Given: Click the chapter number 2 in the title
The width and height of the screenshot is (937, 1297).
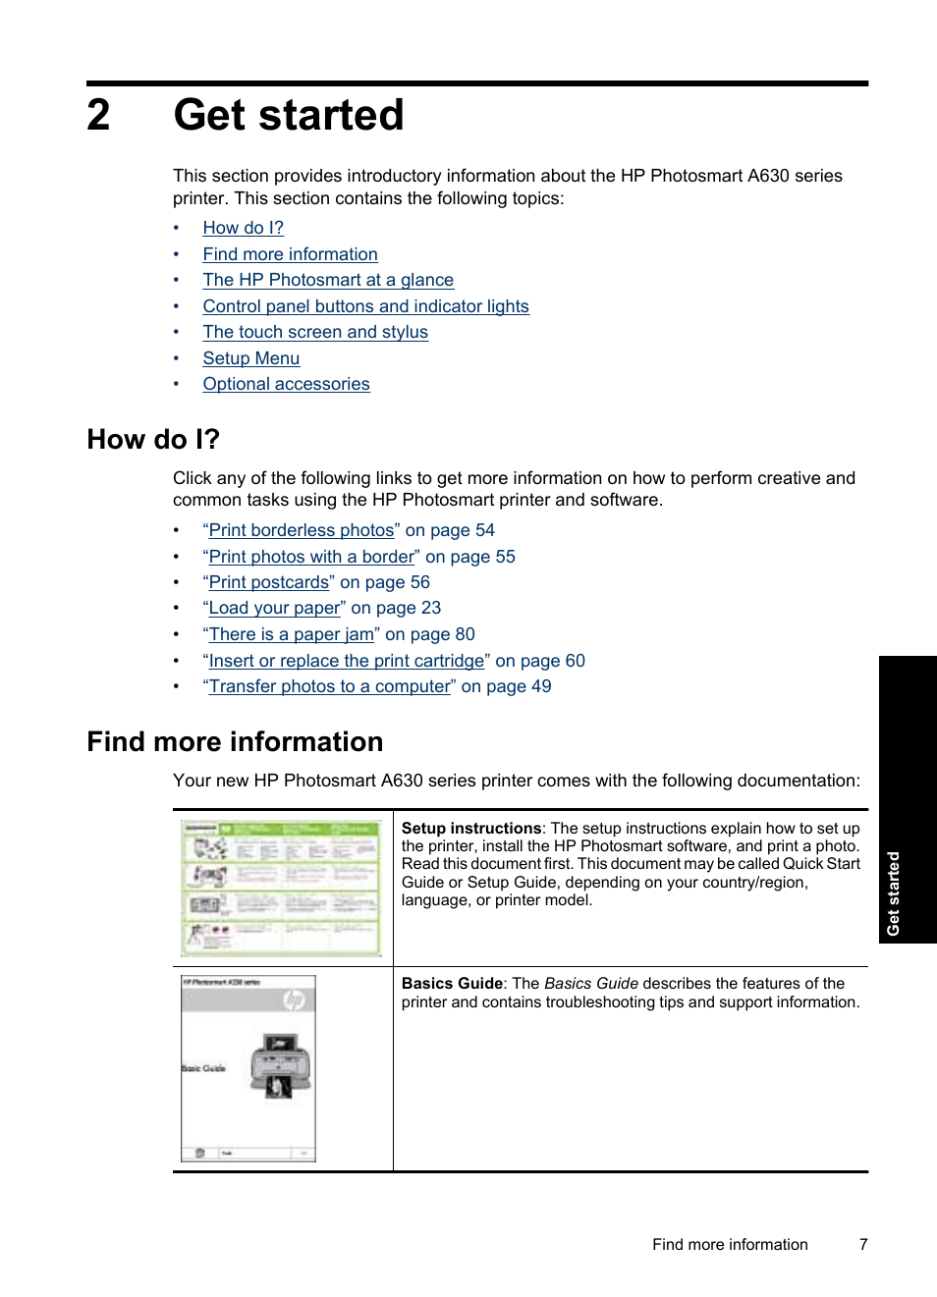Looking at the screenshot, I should coord(98,115).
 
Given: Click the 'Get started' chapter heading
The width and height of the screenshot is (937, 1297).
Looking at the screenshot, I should coord(289,115).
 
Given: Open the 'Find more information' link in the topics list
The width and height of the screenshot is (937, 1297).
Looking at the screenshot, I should coord(290,254).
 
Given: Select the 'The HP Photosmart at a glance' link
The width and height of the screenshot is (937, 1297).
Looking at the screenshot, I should coord(328,280).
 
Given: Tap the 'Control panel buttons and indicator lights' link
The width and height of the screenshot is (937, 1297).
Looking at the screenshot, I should coord(365,306).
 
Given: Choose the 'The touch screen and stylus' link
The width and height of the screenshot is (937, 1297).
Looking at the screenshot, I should coord(315,332).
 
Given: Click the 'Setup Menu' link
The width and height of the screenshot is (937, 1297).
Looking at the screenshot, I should coord(251,358).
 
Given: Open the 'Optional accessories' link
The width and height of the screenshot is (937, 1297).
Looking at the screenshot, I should coord(286,384).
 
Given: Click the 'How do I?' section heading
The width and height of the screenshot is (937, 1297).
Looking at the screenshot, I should coord(153,439).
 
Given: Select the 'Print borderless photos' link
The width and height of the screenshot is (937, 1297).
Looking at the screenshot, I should coord(302,530).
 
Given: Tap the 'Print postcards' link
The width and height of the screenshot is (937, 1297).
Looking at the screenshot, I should coord(269,582).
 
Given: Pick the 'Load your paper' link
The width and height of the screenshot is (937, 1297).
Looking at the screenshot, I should coord(274,608).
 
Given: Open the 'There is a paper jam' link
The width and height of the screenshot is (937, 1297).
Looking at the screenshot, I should coord(291,634).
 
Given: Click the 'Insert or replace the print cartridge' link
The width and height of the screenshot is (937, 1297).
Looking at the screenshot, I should coord(347,661).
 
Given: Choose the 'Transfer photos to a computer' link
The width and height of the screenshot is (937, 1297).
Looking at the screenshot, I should coord(330,686).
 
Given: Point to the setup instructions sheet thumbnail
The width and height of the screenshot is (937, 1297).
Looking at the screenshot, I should coord(282,888).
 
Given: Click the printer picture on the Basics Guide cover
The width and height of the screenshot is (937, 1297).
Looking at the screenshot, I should coord(281,1063).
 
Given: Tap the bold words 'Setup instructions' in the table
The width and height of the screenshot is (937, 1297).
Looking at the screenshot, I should coord(471,829).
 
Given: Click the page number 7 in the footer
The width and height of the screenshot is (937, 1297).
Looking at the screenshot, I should coord(863,1244).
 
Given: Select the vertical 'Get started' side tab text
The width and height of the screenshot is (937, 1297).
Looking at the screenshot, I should coord(893,893).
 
